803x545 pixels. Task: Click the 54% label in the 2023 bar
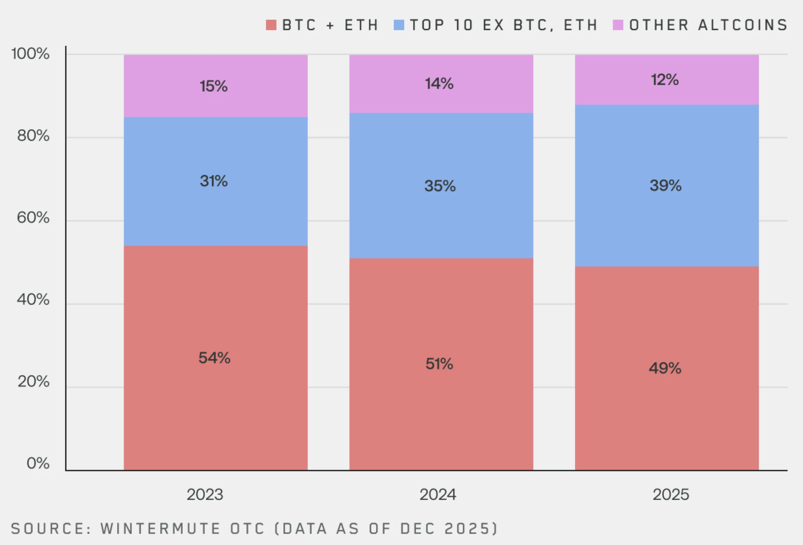click(214, 358)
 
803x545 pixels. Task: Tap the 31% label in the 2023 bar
click(213, 181)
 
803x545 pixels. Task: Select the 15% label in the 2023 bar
click(213, 86)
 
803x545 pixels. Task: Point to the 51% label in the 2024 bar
click(439, 364)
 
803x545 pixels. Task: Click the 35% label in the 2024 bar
click(440, 186)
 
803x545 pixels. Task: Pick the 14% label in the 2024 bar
click(439, 84)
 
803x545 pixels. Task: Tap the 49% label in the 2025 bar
click(665, 368)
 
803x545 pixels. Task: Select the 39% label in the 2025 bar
click(665, 185)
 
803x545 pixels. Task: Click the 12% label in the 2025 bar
click(665, 80)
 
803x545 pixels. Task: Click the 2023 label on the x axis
click(205, 495)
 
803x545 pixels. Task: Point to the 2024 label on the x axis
click(438, 495)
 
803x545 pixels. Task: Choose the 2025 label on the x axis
click(671, 495)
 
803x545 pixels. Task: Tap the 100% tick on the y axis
click(30, 54)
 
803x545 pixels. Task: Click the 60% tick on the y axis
click(33, 218)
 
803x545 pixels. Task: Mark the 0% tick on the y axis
click(38, 463)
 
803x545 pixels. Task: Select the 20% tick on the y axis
click(33, 382)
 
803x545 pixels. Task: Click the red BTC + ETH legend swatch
click(271, 25)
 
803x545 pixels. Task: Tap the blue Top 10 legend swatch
click(399, 25)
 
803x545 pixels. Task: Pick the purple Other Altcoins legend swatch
click(618, 25)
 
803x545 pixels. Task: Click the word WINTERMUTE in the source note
click(160, 529)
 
